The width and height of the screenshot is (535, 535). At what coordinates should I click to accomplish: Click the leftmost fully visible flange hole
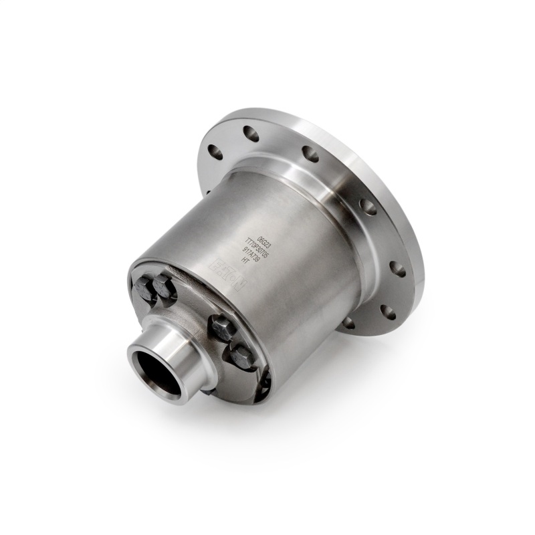pyautogui.click(x=215, y=151)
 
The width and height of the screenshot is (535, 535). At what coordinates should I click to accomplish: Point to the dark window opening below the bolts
pyautogui.click(x=262, y=385)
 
